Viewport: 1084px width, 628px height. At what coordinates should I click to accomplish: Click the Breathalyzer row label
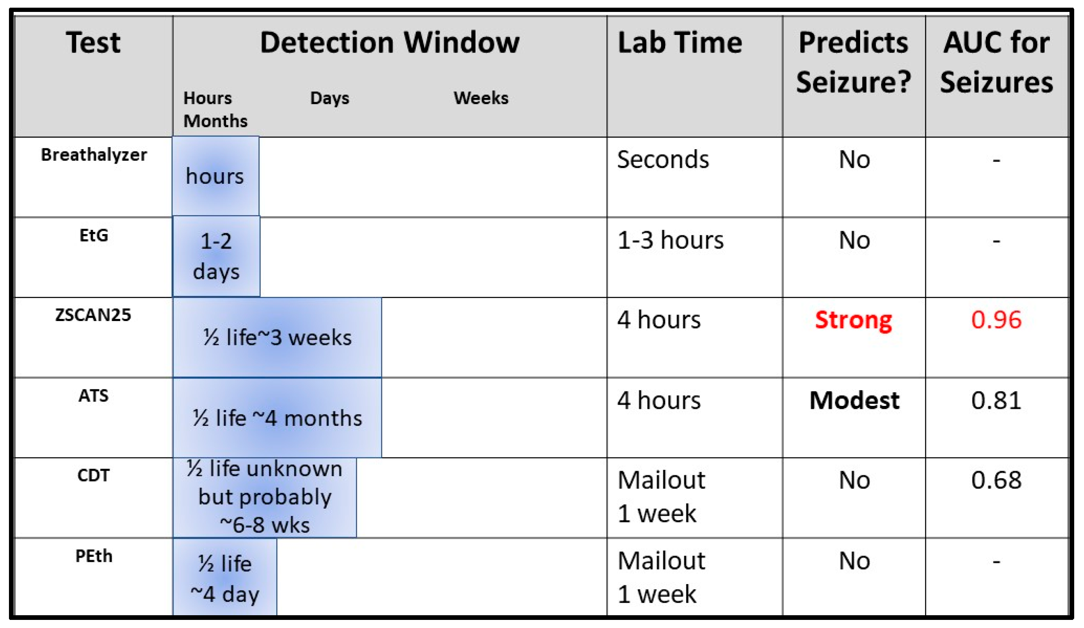click(x=94, y=155)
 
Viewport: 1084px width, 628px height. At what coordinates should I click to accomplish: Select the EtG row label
click(x=94, y=235)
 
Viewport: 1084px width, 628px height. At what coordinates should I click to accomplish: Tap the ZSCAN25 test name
click(x=93, y=315)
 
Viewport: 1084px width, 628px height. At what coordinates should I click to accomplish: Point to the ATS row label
click(x=93, y=396)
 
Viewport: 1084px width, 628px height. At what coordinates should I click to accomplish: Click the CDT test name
click(x=93, y=475)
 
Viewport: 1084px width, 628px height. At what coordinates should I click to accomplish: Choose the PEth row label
click(x=94, y=556)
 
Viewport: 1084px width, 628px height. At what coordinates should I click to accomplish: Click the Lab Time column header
click(x=680, y=43)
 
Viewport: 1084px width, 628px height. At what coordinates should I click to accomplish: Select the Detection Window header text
click(x=390, y=43)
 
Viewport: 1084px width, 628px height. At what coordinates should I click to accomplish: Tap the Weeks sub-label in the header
click(x=481, y=98)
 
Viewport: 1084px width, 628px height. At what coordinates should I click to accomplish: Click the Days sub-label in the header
click(x=330, y=98)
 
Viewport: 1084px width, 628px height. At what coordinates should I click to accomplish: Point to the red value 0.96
click(x=996, y=320)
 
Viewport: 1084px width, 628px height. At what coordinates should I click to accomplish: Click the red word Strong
click(x=853, y=321)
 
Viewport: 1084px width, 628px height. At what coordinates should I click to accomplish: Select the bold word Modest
click(x=854, y=400)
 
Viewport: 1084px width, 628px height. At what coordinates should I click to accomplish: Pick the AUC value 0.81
click(x=996, y=400)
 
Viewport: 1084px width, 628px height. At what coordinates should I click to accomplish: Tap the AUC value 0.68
click(x=996, y=480)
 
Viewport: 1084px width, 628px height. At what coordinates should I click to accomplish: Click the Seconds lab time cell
click(x=663, y=159)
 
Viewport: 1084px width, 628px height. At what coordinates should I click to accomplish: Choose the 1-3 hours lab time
click(x=671, y=240)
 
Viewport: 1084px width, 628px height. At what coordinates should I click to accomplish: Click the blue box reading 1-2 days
click(x=216, y=256)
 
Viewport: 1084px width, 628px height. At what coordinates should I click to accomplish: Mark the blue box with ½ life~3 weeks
click(x=277, y=337)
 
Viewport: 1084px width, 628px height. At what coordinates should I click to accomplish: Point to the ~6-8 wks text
click(x=264, y=525)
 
